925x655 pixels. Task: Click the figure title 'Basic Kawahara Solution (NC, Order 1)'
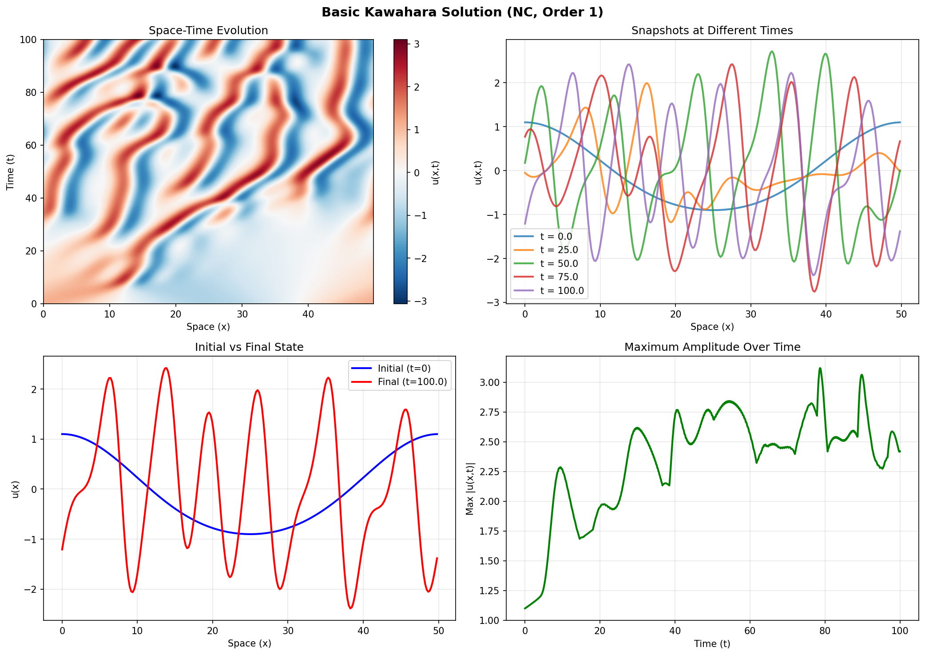tap(462, 12)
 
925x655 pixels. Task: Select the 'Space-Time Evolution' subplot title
tap(208, 31)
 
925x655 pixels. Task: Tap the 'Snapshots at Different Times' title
tap(712, 31)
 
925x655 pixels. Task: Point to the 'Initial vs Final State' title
tap(249, 347)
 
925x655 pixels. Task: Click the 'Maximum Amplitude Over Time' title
tap(712, 347)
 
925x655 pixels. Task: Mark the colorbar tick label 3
tap(417, 44)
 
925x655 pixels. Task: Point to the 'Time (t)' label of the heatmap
tap(10, 172)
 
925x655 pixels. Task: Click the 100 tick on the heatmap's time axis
tap(28, 40)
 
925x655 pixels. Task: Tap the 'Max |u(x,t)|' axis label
tap(470, 488)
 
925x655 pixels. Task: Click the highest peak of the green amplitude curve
tap(820, 368)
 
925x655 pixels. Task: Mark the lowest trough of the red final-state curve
tap(351, 608)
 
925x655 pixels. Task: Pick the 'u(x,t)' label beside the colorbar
tap(435, 172)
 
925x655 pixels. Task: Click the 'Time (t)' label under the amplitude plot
tap(712, 643)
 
